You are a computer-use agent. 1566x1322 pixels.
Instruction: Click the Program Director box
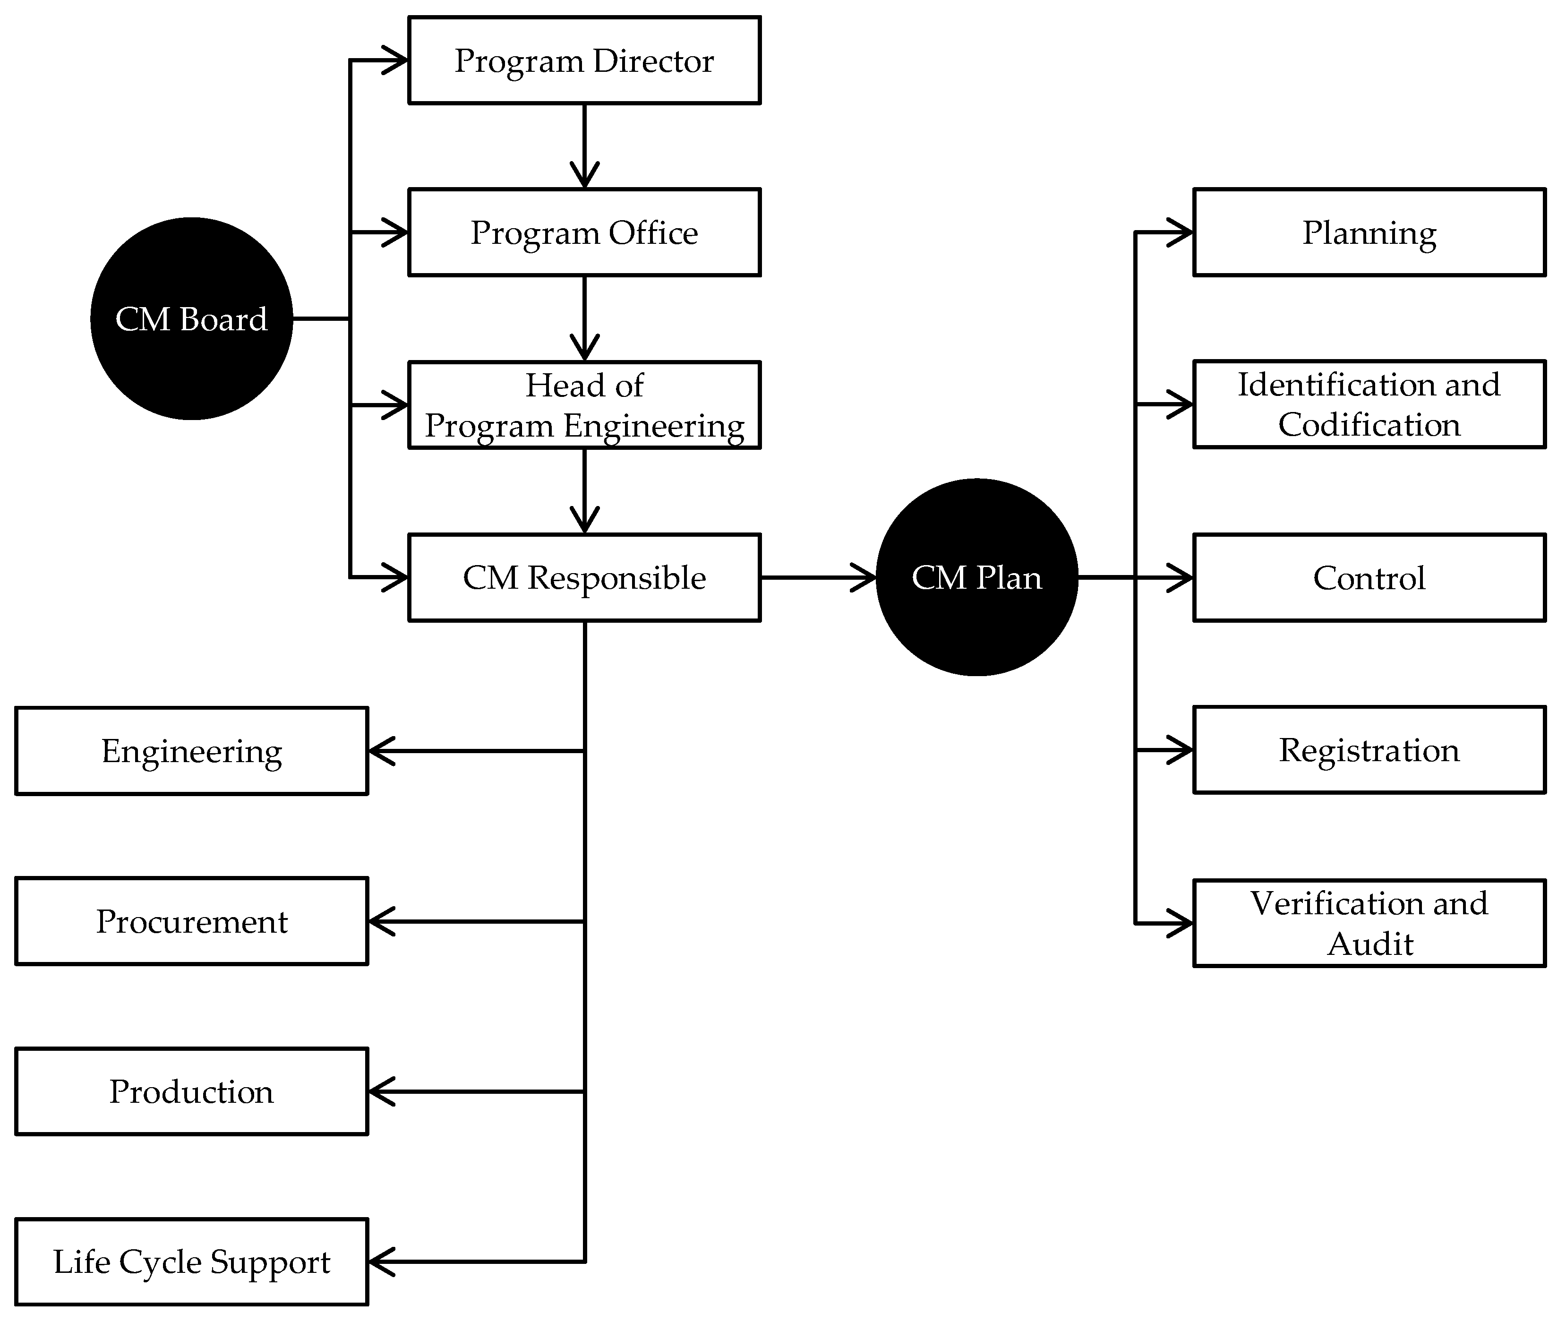tap(584, 60)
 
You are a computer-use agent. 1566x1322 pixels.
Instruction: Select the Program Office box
tap(584, 232)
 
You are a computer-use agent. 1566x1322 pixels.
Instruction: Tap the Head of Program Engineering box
tap(584, 405)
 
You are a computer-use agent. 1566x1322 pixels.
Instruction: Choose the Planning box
tap(1369, 232)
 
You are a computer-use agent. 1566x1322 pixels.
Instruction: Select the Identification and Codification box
tap(1369, 405)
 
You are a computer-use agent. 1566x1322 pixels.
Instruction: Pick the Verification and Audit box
tap(1369, 923)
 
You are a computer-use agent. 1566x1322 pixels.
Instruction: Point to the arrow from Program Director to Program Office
tap(584, 146)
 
